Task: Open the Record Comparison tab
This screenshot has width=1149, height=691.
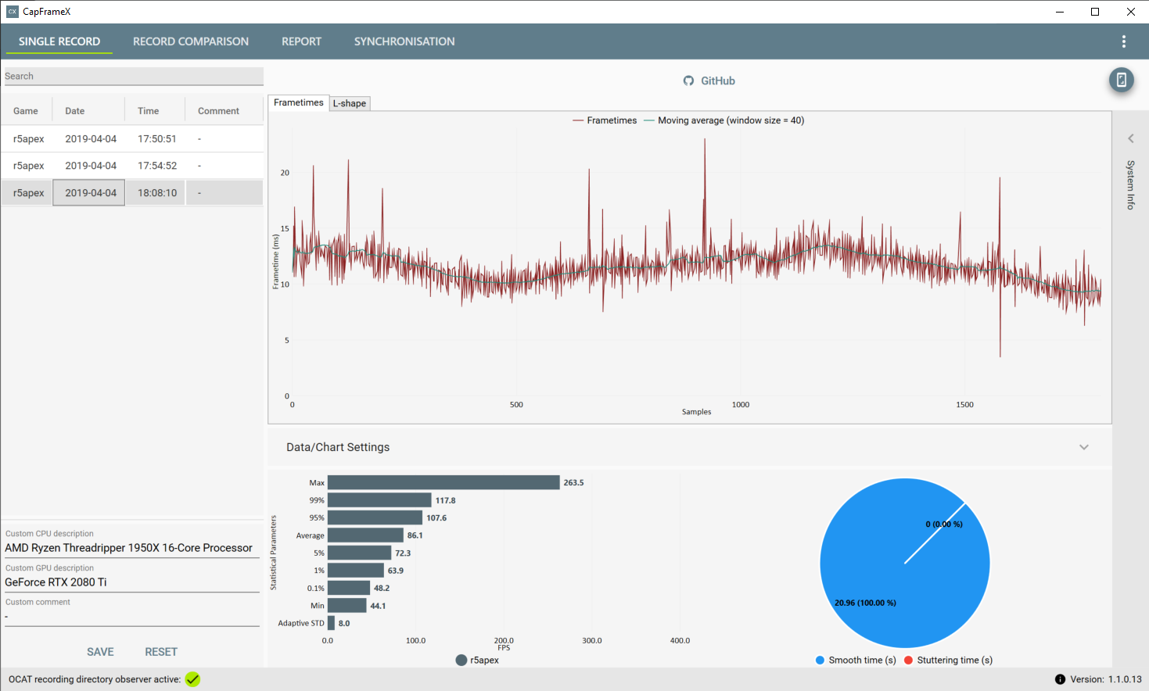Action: [x=191, y=41]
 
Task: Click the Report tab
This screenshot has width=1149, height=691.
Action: [x=301, y=41]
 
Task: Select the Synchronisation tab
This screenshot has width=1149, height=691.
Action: [x=404, y=41]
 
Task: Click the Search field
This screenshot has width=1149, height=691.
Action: [x=134, y=76]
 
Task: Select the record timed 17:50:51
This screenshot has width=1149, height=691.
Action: [x=157, y=139]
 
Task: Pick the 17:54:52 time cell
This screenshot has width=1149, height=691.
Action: [x=157, y=166]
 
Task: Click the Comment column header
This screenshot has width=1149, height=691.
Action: [x=218, y=111]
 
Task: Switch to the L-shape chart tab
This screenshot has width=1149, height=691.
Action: [x=350, y=103]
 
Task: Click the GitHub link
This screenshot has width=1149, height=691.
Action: [x=709, y=81]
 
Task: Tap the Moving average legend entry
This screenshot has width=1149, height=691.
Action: [x=724, y=120]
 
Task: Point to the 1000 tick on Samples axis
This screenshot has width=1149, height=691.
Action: [x=740, y=404]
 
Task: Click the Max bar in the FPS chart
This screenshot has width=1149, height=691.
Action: [x=443, y=482]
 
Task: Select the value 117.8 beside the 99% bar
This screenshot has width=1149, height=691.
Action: [x=445, y=500]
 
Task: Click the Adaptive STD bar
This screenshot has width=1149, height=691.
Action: [x=332, y=623]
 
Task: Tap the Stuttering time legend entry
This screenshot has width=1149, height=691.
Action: [x=949, y=661]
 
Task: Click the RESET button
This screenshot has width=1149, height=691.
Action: [x=161, y=652]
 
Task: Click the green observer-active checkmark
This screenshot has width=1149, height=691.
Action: [x=193, y=679]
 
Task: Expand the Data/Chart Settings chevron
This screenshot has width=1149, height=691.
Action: [x=1083, y=447]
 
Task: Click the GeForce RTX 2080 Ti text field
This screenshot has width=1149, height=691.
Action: [x=132, y=582]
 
